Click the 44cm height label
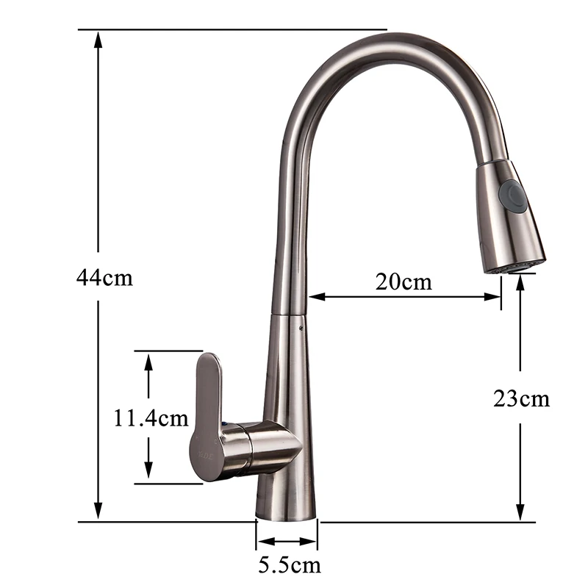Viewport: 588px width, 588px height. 104,278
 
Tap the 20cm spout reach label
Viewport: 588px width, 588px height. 404,282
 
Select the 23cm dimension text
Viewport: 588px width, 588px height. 521,398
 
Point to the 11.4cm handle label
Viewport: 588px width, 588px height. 151,417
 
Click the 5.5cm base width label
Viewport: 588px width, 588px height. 290,565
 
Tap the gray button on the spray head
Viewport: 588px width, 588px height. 511,192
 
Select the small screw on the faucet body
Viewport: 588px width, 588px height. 301,329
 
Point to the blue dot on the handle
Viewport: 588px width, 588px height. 224,424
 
